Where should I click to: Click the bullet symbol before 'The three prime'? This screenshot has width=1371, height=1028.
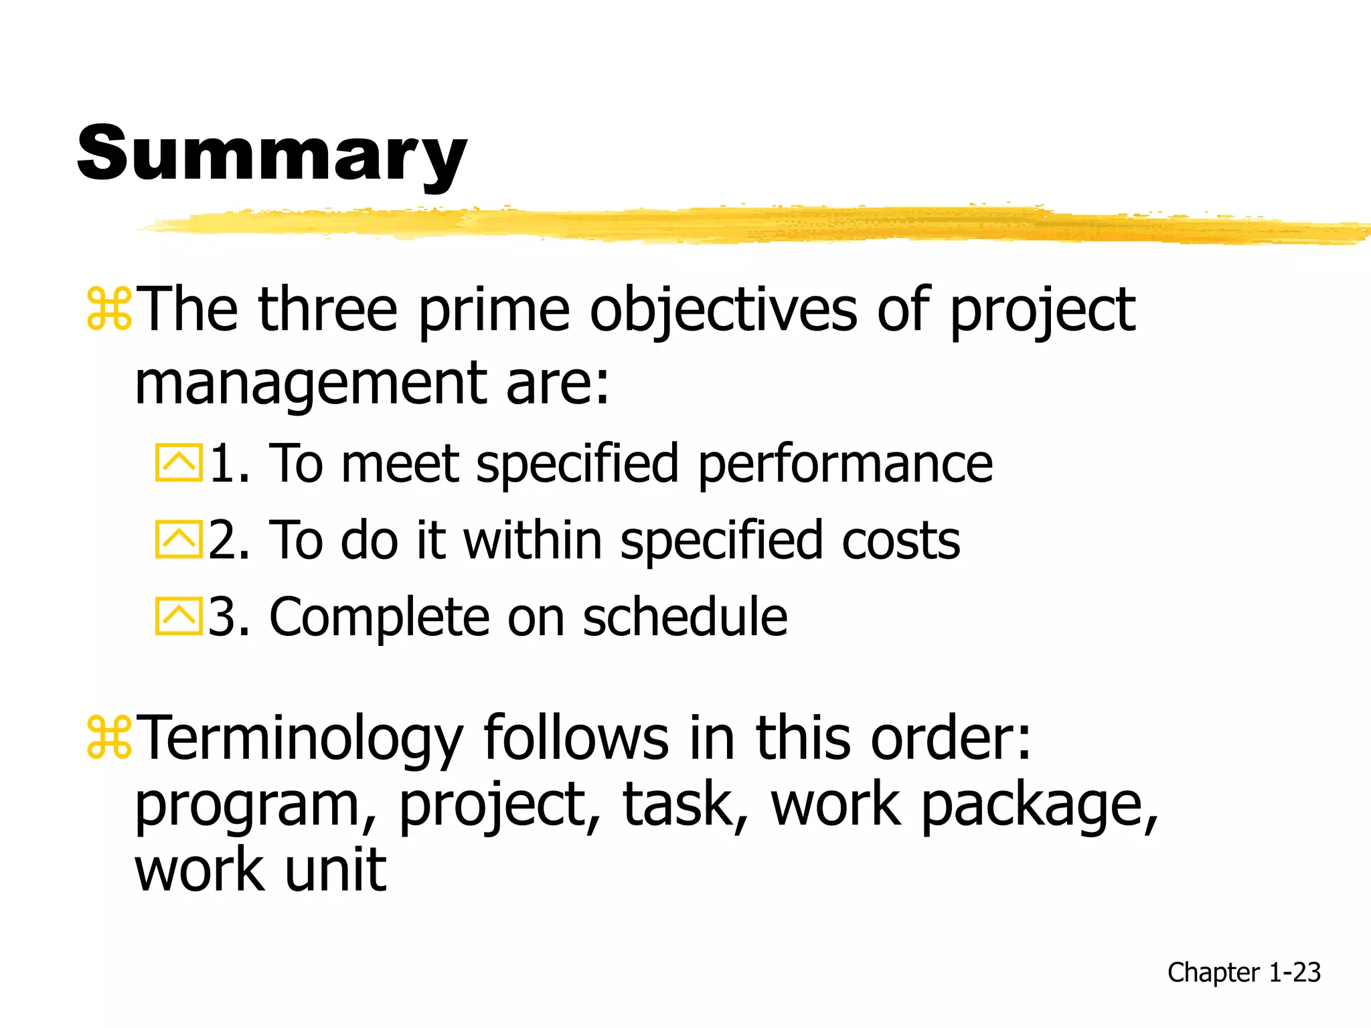pos(109,309)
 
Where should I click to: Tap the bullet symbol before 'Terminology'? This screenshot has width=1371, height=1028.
pos(109,738)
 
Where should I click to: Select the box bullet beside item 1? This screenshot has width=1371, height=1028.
pos(179,462)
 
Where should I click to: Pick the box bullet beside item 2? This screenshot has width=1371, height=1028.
pos(179,539)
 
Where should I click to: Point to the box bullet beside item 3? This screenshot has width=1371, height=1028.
pos(179,616)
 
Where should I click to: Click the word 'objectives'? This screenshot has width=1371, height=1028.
pos(723,309)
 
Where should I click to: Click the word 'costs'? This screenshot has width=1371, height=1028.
pos(900,540)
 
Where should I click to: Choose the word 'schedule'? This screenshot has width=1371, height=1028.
pos(685,616)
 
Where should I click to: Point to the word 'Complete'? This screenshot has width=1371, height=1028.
pos(379,616)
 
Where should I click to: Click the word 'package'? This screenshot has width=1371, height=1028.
pos(1038,806)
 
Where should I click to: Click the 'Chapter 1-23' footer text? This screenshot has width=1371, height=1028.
pos(1244,972)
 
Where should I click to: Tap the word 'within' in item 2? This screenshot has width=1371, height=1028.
pos(532,540)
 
